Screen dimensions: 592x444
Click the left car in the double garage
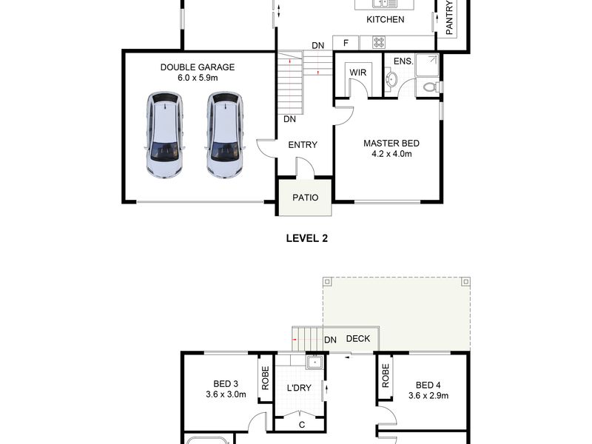tap(165, 135)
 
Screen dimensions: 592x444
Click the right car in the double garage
tap(225, 135)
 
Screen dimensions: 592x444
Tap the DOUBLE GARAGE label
tap(198, 67)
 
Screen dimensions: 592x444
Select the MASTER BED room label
tap(391, 144)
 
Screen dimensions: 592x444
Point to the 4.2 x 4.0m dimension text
tap(391, 154)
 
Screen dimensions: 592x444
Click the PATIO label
tap(305, 198)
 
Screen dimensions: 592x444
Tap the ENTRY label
tap(303, 144)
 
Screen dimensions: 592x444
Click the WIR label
tap(357, 73)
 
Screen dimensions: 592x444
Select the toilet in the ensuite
tap(431, 87)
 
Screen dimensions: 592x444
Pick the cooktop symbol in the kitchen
tap(379, 42)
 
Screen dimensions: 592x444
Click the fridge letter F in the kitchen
tap(346, 43)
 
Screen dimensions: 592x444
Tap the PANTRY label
tap(449, 18)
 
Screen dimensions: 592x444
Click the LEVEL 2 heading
tap(307, 238)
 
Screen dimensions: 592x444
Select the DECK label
tap(358, 339)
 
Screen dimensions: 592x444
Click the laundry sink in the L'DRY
tap(314, 363)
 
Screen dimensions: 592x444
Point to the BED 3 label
tap(226, 384)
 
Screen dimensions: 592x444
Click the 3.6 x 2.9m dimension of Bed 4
tap(428, 396)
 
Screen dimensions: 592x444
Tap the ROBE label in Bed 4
tap(385, 376)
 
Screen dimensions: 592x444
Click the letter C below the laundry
tap(302, 425)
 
